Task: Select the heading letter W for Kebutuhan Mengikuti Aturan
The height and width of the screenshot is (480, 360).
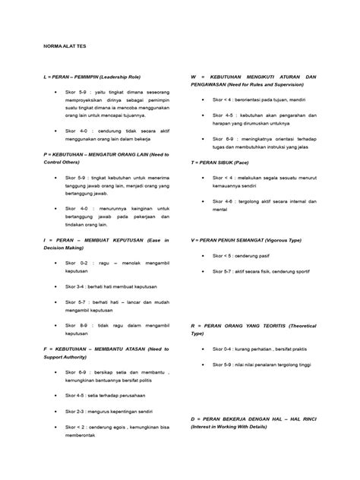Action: coord(194,77)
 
